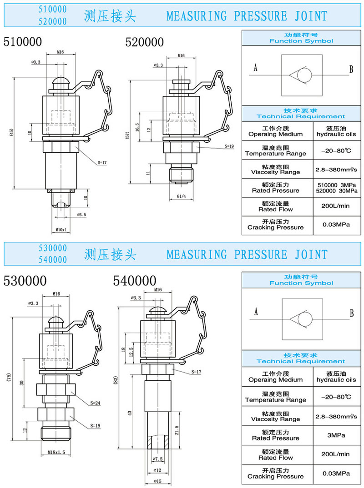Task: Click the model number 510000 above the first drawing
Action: click(23, 42)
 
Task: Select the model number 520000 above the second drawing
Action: click(145, 42)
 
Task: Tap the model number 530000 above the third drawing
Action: click(23, 280)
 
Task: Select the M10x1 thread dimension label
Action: click(61, 229)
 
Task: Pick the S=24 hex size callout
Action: click(96, 403)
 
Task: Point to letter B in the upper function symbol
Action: click(351, 70)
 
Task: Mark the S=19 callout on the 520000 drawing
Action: click(229, 147)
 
